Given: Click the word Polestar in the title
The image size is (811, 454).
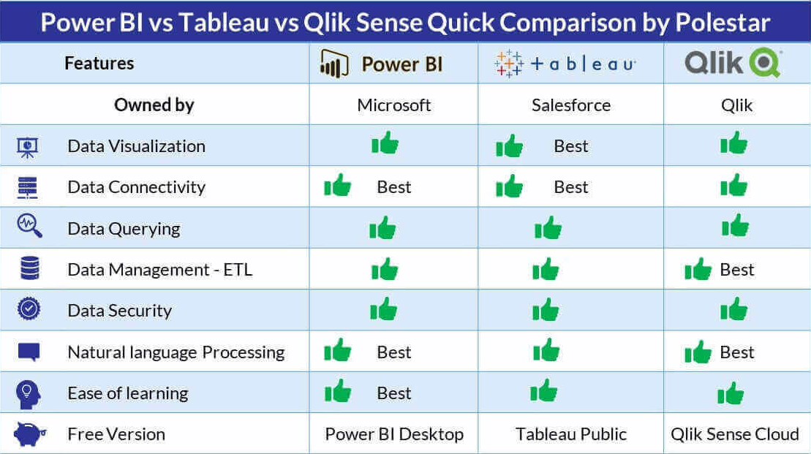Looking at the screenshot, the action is [723, 22].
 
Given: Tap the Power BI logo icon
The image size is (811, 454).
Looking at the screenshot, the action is [334, 64].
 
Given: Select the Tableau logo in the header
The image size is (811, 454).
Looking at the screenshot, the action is [565, 64].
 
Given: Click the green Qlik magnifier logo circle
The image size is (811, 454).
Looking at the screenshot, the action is [765, 63].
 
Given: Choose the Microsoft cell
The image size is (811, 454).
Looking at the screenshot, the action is [393, 105].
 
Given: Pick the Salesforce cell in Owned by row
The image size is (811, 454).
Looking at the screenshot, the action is [571, 105].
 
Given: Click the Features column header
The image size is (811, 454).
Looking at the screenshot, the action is [99, 63].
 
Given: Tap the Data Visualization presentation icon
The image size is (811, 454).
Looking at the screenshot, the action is [27, 148].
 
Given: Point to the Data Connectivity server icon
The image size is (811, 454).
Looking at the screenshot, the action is [27, 188].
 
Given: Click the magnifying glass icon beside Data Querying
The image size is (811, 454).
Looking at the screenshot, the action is [29, 226].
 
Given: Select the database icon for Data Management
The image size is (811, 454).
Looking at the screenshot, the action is [29, 268].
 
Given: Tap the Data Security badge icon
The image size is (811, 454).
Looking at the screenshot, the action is [29, 309].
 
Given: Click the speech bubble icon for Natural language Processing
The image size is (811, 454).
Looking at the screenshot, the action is [29, 352].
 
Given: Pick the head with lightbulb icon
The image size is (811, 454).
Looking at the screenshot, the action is [28, 395].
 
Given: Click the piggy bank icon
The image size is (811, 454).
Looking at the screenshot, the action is [30, 434].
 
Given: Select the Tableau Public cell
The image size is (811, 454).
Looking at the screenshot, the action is [571, 434].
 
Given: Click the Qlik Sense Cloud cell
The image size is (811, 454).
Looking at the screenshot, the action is [735, 434].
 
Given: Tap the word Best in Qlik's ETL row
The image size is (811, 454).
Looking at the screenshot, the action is [737, 269].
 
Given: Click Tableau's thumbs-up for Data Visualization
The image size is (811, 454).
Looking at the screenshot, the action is [510, 145].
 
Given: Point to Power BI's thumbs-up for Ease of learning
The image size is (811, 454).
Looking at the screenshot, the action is [338, 391].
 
